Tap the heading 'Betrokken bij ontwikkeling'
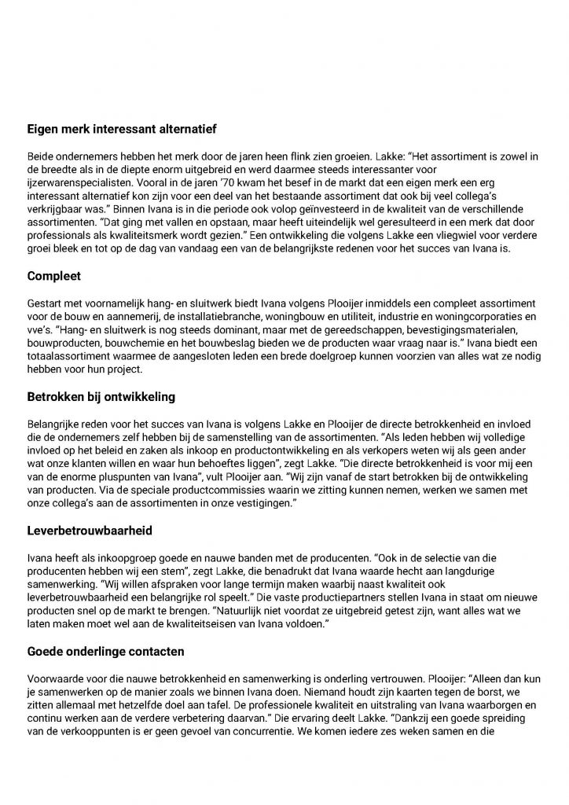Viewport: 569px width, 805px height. [x=102, y=397]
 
